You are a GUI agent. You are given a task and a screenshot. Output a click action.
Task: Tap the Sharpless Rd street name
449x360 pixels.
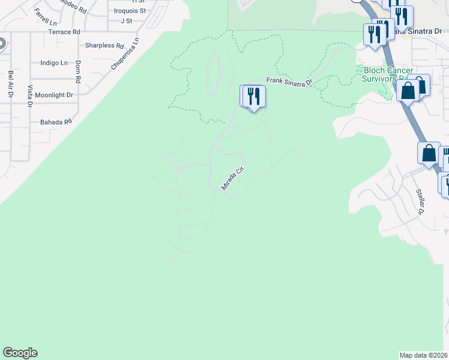point(104,46)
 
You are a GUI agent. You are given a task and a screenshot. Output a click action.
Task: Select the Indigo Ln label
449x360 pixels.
point(54,62)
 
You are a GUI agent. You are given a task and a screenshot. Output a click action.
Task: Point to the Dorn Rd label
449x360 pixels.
point(78,71)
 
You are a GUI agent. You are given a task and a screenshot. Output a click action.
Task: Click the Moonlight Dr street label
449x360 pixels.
point(53,95)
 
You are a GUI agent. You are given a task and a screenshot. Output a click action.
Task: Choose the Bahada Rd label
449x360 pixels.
point(56,122)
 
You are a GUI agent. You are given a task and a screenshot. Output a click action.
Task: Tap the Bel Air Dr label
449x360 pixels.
point(10,85)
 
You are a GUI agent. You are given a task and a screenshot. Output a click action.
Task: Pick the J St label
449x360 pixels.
point(125,20)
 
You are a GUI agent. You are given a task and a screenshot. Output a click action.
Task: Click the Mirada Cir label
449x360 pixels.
point(234,179)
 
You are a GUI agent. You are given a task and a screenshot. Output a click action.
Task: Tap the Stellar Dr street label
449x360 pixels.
point(420,202)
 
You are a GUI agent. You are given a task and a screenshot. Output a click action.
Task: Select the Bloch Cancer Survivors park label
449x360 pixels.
point(388,74)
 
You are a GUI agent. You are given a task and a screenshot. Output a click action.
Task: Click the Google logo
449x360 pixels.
point(20,353)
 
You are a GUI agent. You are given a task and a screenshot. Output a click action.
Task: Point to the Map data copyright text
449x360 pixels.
point(423,355)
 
